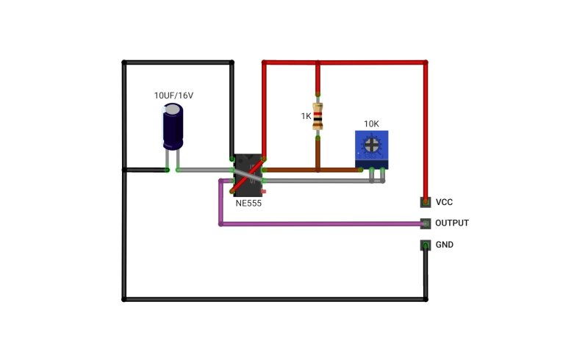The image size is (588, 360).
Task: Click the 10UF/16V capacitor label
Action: point(173,96)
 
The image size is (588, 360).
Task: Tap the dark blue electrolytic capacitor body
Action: point(173,127)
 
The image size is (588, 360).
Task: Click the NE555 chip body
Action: point(248,175)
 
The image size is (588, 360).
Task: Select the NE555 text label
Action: point(248,204)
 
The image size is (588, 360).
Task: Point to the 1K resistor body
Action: point(318,116)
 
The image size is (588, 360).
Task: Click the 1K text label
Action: point(306,116)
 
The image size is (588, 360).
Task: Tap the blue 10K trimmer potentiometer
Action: point(372,150)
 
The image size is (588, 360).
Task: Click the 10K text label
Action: point(371,123)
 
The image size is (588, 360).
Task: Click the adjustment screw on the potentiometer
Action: point(372,145)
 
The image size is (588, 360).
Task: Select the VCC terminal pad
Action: point(426,202)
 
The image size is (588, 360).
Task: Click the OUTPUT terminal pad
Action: point(426,223)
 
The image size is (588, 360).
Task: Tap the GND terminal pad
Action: point(426,245)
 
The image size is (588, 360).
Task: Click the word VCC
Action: point(444,202)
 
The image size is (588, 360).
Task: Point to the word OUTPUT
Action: point(452,223)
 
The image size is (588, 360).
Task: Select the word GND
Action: point(445,245)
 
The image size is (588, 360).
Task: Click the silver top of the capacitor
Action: point(173,109)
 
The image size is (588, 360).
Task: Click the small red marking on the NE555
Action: point(263,192)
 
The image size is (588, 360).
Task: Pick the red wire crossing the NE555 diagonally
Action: point(248,176)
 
